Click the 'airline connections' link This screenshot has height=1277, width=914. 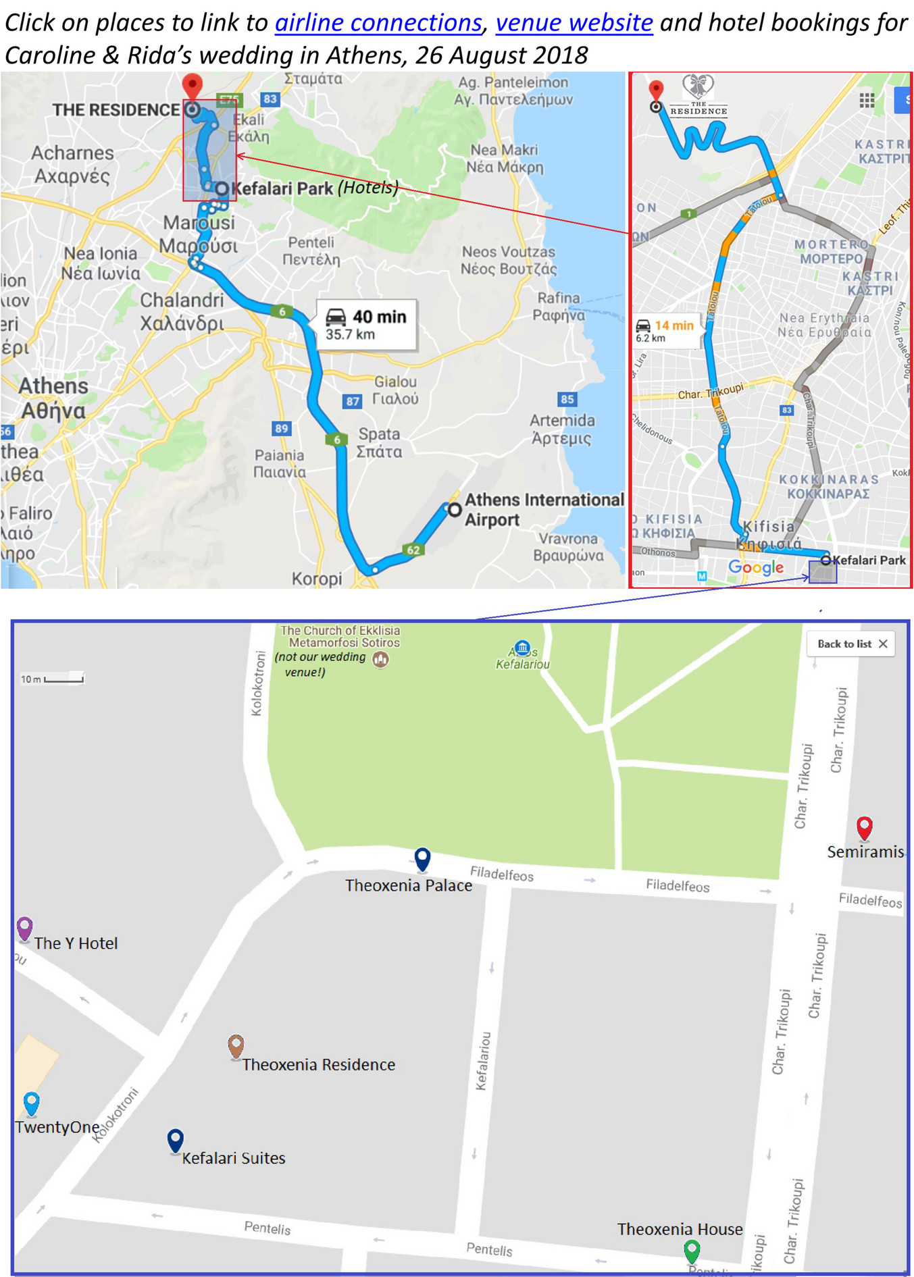378,23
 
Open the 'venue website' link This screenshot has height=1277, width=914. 574,23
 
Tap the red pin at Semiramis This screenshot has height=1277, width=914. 864,827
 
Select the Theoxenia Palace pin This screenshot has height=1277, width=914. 422,859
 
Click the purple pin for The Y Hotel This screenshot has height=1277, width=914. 24,929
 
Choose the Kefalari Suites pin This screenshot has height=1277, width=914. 175,1140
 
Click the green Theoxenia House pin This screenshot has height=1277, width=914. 692,1251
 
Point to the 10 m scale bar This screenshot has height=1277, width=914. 64,679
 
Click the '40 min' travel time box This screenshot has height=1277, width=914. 366,324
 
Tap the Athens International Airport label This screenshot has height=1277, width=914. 544,509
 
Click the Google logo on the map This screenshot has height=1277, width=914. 756,567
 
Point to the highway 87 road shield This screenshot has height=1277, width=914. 353,401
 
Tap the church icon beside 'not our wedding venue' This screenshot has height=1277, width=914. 381,659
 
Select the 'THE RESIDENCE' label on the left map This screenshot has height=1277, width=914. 116,109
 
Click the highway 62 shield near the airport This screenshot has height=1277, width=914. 413,550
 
